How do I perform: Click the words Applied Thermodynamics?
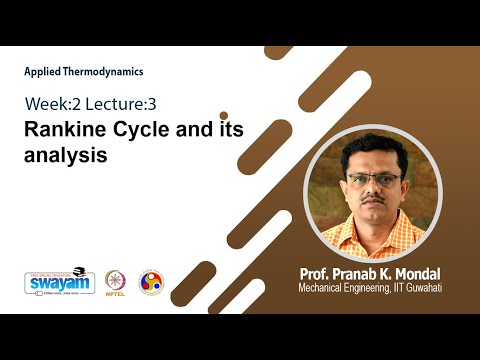pos(84,72)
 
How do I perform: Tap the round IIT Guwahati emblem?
pos(150,282)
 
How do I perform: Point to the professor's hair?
pos(372,150)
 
